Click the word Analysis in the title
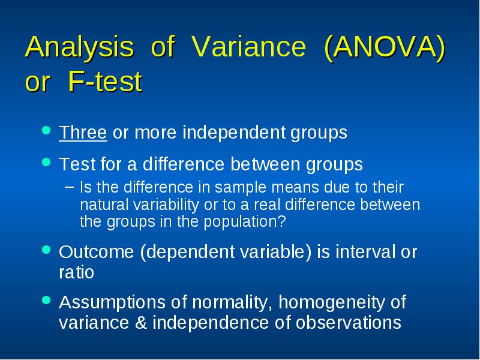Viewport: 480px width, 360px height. click(x=80, y=47)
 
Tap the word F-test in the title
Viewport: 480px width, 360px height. click(x=105, y=81)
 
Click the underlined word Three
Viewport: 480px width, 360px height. click(x=83, y=133)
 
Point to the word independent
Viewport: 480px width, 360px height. click(x=233, y=132)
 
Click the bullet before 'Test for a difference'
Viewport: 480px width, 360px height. click(x=46, y=161)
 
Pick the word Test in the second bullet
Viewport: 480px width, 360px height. click(x=77, y=164)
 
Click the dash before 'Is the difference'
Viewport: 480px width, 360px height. click(x=70, y=187)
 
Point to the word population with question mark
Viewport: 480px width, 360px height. click(x=245, y=221)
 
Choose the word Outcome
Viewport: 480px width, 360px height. click(x=97, y=252)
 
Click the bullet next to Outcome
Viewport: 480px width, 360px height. click(x=46, y=250)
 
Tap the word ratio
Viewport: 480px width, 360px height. click(x=77, y=272)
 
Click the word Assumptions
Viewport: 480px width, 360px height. click(x=112, y=303)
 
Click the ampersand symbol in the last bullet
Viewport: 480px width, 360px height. click(x=141, y=323)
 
